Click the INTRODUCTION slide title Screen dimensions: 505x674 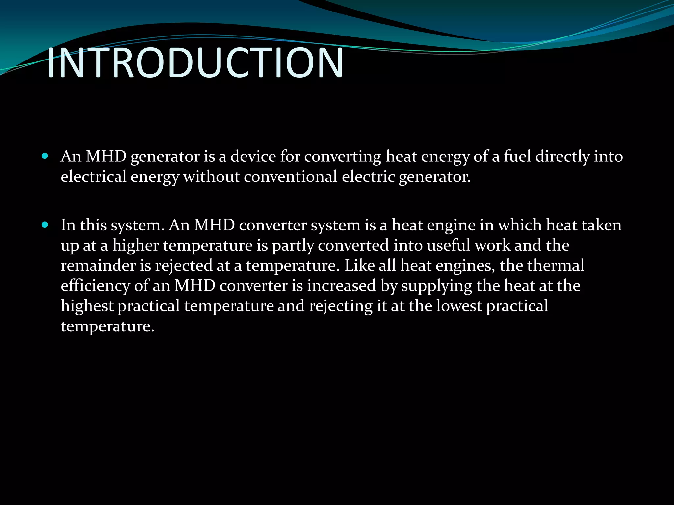coord(195,63)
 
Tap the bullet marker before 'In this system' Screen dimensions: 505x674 coord(45,225)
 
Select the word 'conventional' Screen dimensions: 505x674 coord(290,177)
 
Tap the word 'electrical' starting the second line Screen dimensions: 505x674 coord(93,177)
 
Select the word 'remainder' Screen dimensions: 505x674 coord(98,266)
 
